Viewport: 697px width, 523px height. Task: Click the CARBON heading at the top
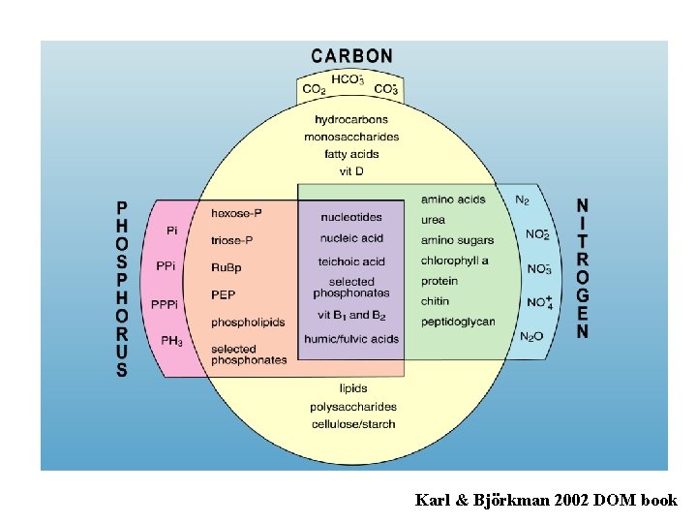352,56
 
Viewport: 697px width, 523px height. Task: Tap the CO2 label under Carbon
315,90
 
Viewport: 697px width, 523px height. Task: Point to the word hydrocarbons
351,120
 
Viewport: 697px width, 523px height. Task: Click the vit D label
351,171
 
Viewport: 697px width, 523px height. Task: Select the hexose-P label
237,213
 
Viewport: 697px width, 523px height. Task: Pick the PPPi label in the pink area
165,304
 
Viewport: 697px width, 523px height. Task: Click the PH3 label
171,341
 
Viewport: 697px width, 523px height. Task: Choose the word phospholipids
248,322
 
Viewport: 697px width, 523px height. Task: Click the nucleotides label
350,217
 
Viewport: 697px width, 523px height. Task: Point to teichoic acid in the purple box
351,261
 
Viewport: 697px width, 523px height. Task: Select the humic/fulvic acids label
350,339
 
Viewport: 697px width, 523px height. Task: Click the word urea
433,220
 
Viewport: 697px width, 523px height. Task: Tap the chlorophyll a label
455,261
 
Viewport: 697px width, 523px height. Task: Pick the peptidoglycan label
458,322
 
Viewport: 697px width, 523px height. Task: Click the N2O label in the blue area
532,336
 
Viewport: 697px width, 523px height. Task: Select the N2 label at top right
522,200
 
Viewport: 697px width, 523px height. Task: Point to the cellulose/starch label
353,424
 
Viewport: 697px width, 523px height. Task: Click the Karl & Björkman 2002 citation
546,500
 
